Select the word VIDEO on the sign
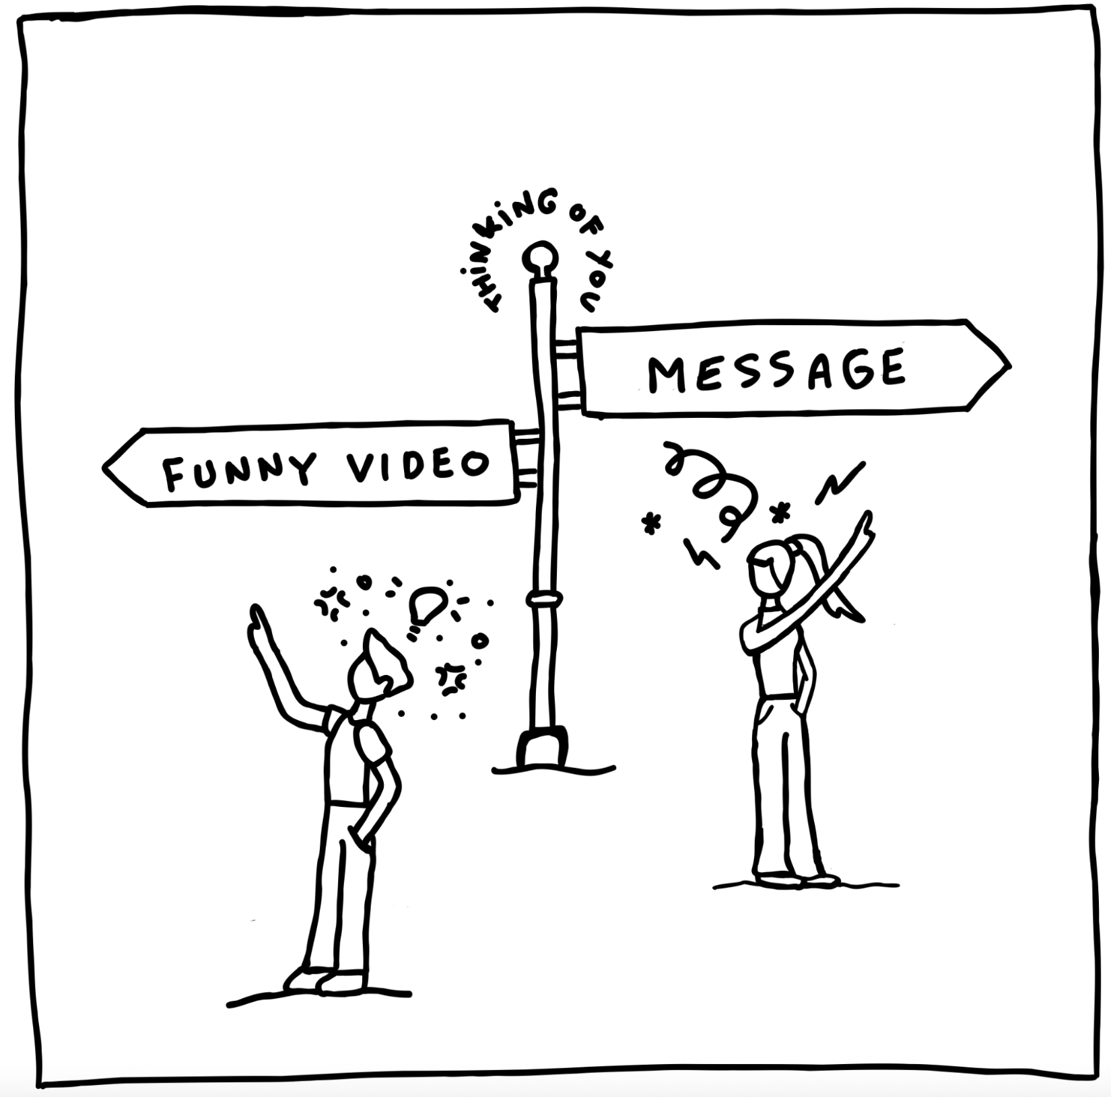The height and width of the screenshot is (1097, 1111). coord(418,464)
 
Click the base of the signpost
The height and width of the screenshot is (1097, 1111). coord(541,748)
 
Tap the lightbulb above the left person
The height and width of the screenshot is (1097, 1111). coord(426,606)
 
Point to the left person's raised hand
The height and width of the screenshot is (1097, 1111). coord(259,623)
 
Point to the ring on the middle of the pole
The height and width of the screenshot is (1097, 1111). coord(545,599)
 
